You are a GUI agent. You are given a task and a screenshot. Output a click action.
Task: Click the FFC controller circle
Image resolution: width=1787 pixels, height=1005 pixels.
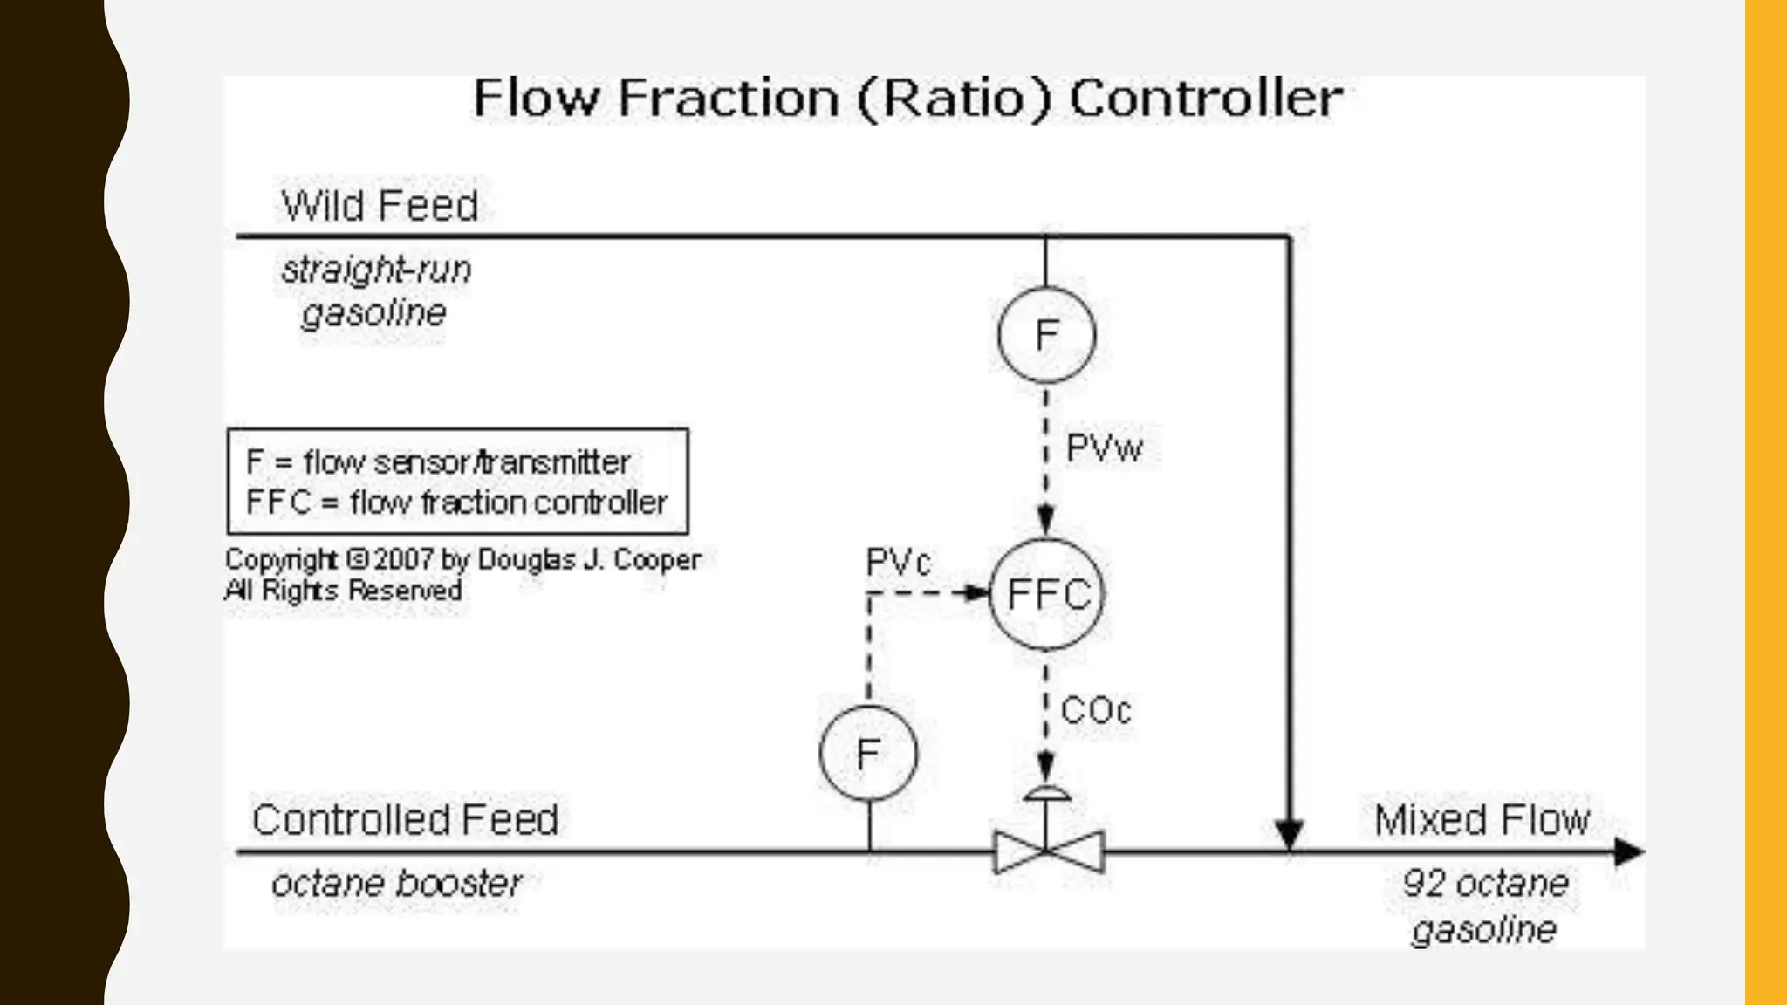coord(1046,594)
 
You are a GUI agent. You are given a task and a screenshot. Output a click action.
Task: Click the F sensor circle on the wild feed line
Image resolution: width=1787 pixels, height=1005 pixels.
coord(1046,335)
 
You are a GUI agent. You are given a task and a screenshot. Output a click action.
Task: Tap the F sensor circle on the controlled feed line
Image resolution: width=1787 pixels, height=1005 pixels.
coord(868,753)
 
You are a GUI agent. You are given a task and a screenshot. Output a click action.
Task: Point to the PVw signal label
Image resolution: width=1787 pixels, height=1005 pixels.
coord(1104,448)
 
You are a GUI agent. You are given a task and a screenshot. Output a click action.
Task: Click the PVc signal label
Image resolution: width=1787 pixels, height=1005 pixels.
coord(898,563)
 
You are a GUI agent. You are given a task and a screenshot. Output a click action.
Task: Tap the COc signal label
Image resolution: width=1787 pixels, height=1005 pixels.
coord(1096,710)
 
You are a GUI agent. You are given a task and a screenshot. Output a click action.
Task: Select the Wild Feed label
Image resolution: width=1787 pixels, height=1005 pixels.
coord(380,206)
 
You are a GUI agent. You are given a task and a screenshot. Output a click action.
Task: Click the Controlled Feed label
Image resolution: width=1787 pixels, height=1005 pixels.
coord(405,820)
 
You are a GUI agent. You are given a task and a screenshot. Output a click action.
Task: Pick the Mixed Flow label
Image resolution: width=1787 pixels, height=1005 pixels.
coord(1482,820)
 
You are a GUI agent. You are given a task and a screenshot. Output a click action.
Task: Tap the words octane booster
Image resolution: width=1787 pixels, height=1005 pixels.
coord(397,884)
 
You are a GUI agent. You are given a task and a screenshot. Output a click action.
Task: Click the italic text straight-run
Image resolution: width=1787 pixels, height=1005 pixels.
coord(376,270)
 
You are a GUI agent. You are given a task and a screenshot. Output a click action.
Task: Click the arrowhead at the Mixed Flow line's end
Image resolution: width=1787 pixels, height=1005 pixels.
coord(1628,851)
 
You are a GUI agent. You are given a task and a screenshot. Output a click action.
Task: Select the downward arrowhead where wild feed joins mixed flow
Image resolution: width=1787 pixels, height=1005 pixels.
coord(1289,833)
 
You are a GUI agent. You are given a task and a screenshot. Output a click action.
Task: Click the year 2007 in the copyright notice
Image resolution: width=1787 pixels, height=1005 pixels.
coord(404,559)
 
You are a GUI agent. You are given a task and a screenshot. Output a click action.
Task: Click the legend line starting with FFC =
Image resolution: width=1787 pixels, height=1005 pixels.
coord(456,502)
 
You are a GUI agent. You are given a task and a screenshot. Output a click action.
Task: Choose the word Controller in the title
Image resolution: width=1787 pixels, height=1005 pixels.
coord(1206,98)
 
